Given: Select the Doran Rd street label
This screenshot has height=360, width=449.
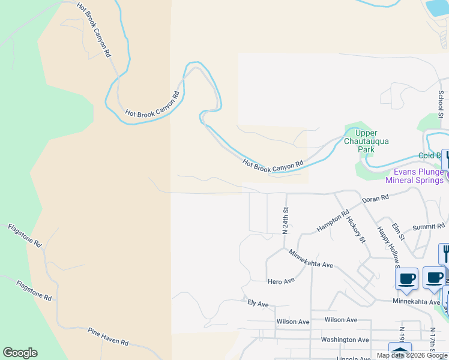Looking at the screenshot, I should coord(375,197).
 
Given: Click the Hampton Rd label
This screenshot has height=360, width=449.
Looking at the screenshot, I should coord(333,221).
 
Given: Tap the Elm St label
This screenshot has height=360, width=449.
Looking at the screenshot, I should coord(398,232).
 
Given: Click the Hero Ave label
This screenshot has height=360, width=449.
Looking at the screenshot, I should coord(281,281).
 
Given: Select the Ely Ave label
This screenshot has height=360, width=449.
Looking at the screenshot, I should coord(258,304).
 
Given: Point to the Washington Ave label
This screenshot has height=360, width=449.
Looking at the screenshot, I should coord(345,340).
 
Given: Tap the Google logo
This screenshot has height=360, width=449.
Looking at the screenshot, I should coord(20,353).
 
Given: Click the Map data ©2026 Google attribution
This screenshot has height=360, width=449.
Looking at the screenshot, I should coord(412,356).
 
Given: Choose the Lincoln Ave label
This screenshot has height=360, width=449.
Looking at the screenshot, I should coord(354,358).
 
